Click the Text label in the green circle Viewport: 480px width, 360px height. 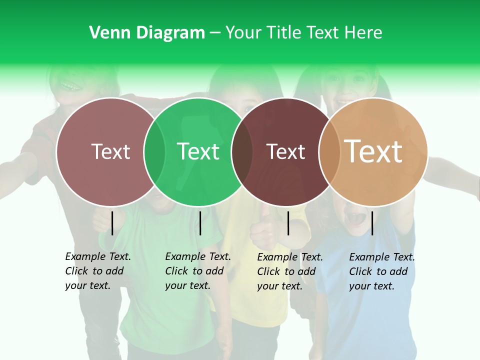(198, 151)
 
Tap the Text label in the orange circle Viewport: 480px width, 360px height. (373, 151)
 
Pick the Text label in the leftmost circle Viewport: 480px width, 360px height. (111, 151)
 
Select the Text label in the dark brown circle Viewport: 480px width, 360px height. (286, 151)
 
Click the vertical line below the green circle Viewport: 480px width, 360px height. (200, 223)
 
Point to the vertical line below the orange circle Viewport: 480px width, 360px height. (372, 223)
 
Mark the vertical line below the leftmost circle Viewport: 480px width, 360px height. (112, 223)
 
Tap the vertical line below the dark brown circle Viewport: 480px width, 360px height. (288, 223)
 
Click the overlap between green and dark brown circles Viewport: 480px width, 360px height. (242, 151)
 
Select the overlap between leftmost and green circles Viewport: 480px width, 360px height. (154, 151)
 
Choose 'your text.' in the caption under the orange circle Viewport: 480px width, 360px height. (371, 286)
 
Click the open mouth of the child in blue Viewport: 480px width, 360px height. (355, 218)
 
